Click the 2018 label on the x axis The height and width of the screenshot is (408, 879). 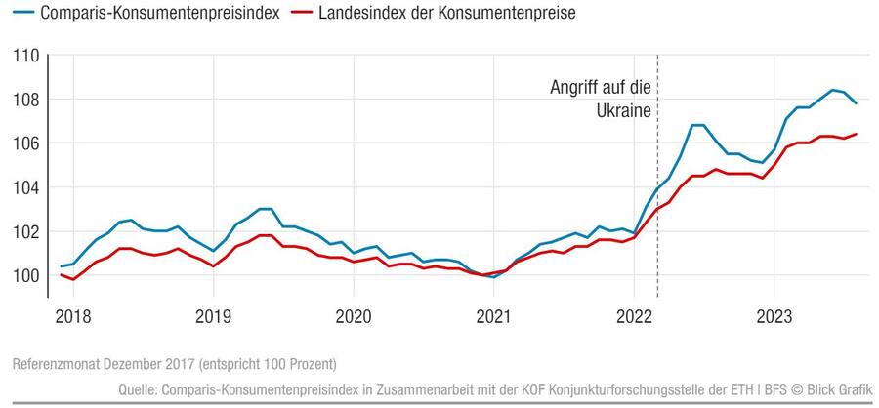point(73,316)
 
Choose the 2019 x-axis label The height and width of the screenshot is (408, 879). point(213,316)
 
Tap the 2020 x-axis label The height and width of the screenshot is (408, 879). point(353,316)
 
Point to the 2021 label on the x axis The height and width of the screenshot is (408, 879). point(493,316)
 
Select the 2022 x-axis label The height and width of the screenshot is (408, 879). point(634,316)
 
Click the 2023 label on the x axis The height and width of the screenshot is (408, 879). point(774,316)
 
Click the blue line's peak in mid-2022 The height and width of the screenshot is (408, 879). point(697,125)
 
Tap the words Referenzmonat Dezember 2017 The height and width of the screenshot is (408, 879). point(104,364)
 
